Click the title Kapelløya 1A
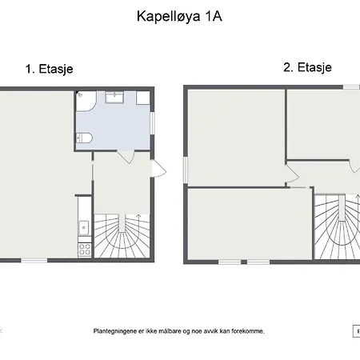179,17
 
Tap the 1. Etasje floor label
50,69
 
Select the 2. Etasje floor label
308,67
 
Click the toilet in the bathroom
84,138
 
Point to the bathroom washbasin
114,98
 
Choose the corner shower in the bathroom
86,102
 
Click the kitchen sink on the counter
84,228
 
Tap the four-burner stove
85,250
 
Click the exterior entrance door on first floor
158,168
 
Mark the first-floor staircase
122,236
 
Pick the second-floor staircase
338,227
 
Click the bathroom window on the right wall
153,123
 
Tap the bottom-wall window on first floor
34,260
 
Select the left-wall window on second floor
186,170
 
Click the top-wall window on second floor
351,87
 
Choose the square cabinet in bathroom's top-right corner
143,98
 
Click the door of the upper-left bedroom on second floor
292,174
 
